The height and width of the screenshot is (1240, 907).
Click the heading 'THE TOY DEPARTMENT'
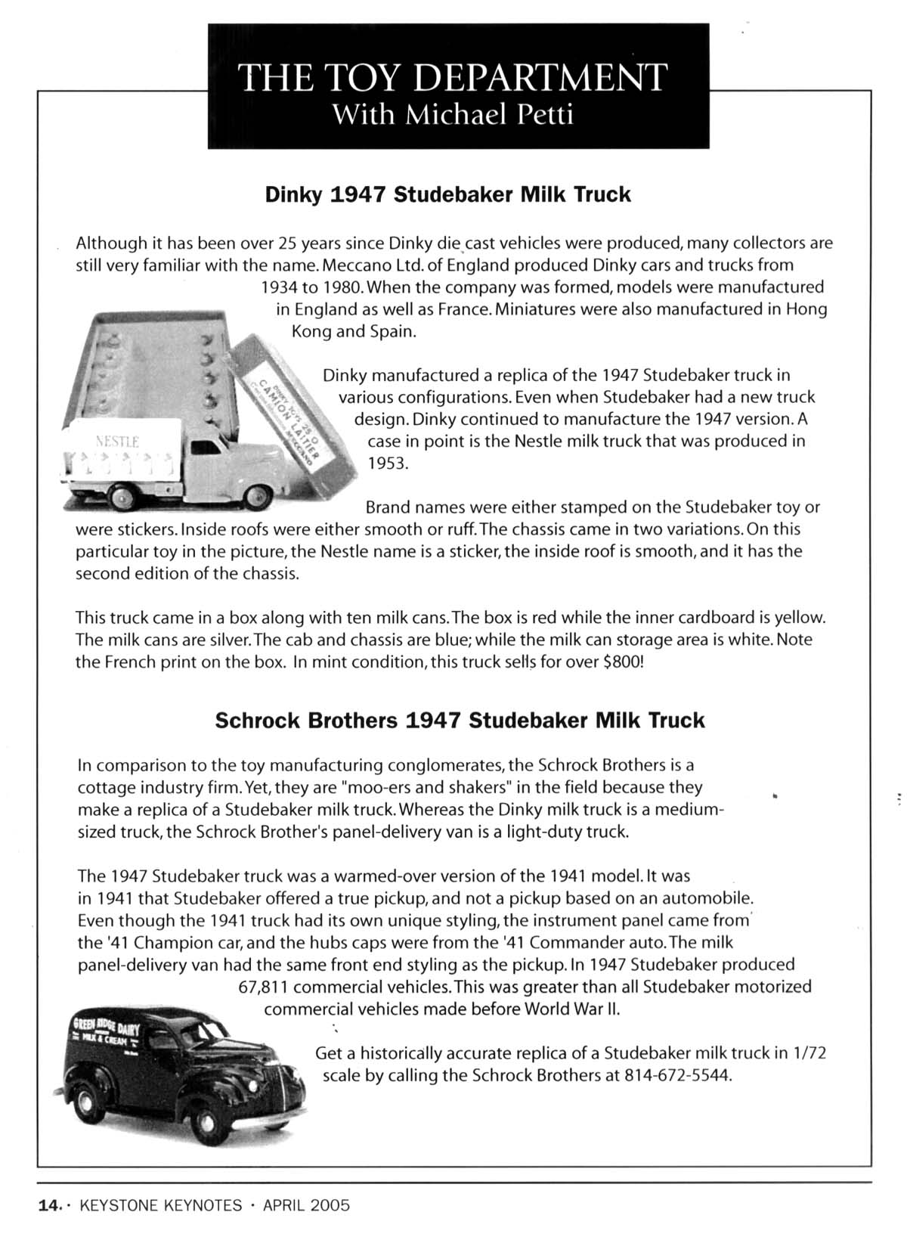tap(452, 77)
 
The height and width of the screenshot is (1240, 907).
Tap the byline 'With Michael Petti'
tap(453, 115)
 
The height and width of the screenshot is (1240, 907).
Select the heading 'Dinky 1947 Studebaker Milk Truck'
tap(447, 194)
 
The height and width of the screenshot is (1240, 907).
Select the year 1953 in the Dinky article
tap(388, 463)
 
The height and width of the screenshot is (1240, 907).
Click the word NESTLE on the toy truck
tap(117, 442)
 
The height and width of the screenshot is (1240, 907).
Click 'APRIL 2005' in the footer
tap(306, 1205)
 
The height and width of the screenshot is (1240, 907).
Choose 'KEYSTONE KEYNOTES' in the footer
tap(166, 1205)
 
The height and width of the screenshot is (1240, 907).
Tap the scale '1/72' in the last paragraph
tap(809, 1052)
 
